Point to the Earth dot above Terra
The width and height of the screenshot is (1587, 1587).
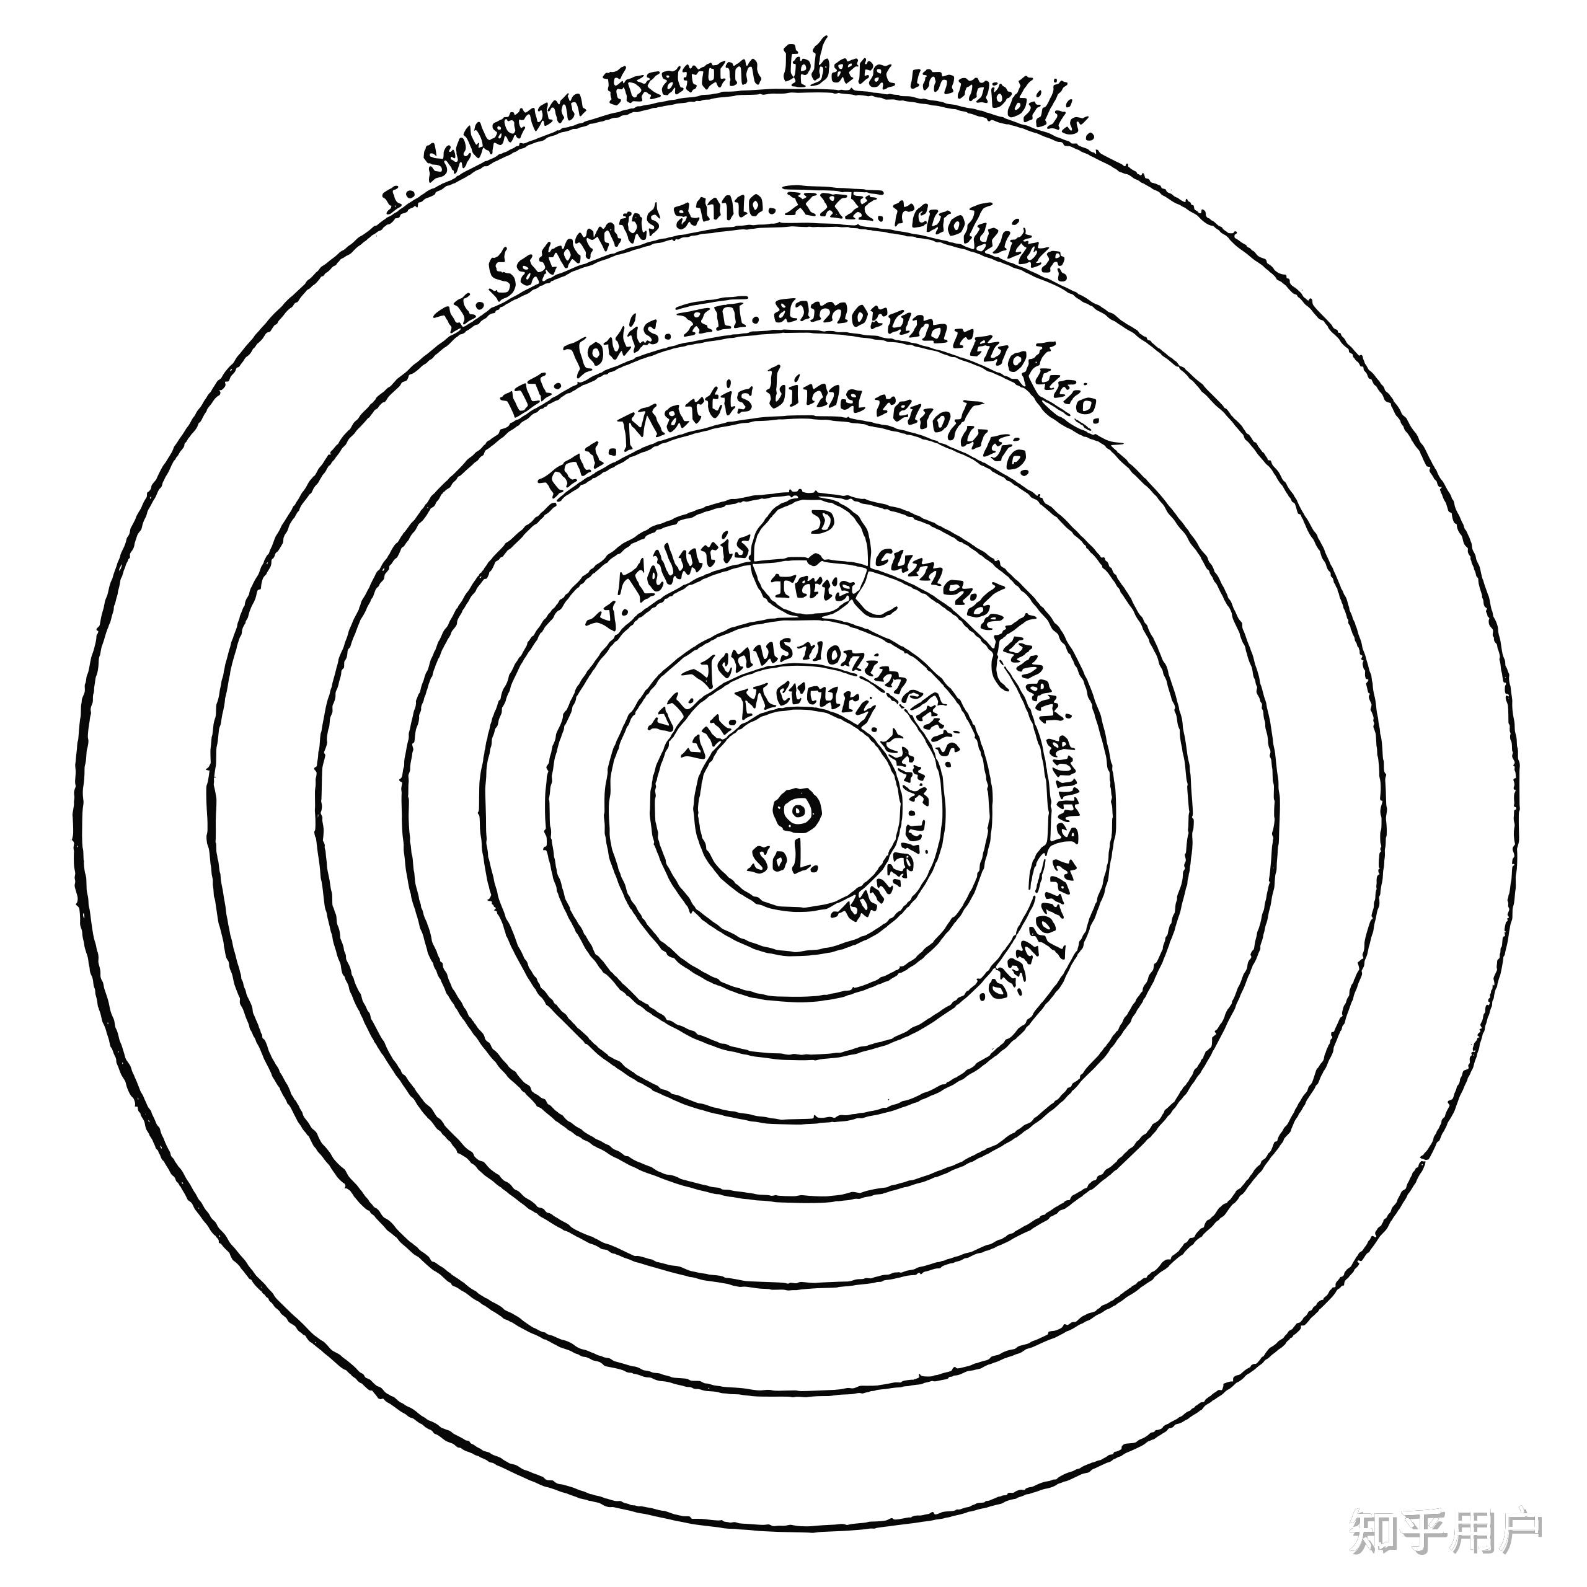pos(815,559)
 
